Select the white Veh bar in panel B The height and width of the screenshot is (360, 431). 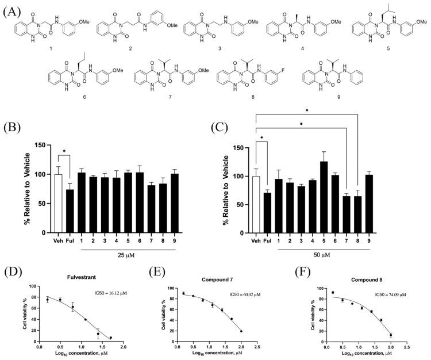click(x=57, y=204)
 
